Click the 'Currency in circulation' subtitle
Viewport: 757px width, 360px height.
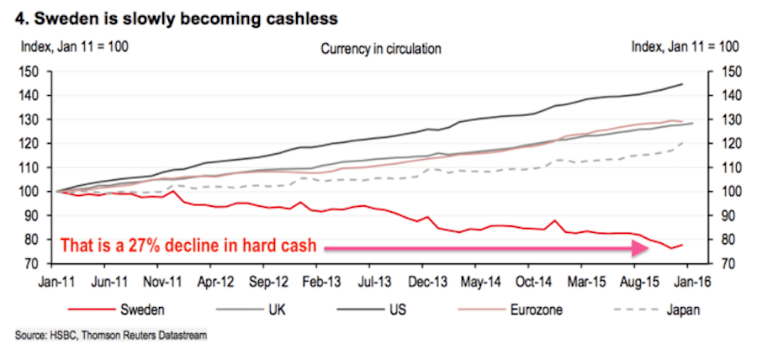pyautogui.click(x=380, y=49)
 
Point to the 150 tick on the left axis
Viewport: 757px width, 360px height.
pyautogui.click(x=31, y=71)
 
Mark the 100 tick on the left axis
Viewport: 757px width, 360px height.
pyautogui.click(x=31, y=192)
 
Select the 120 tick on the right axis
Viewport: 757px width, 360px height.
pyautogui.click(x=725, y=144)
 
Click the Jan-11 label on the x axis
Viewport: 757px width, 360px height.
pyautogui.click(x=56, y=283)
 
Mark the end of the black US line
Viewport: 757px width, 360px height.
pyautogui.click(x=682, y=84)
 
